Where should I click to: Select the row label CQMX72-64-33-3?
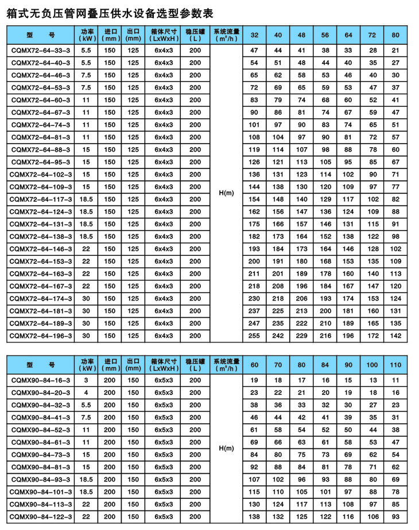(x=40, y=51)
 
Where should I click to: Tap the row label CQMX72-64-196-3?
(x=40, y=336)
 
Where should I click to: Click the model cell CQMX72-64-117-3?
(x=40, y=199)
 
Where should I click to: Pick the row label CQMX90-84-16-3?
(x=40, y=380)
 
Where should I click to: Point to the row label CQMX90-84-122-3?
(x=40, y=517)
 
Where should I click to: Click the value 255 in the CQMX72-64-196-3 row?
(x=255, y=336)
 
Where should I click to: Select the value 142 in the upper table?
(x=395, y=336)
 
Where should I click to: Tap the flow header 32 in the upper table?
(x=255, y=35)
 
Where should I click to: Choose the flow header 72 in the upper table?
(x=372, y=35)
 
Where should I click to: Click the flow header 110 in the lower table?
(x=395, y=364)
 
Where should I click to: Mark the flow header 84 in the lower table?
(x=325, y=364)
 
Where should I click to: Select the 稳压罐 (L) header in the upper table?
(x=195, y=35)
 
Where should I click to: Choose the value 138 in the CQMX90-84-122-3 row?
(x=255, y=517)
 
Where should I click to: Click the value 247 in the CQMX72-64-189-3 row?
(x=255, y=323)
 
